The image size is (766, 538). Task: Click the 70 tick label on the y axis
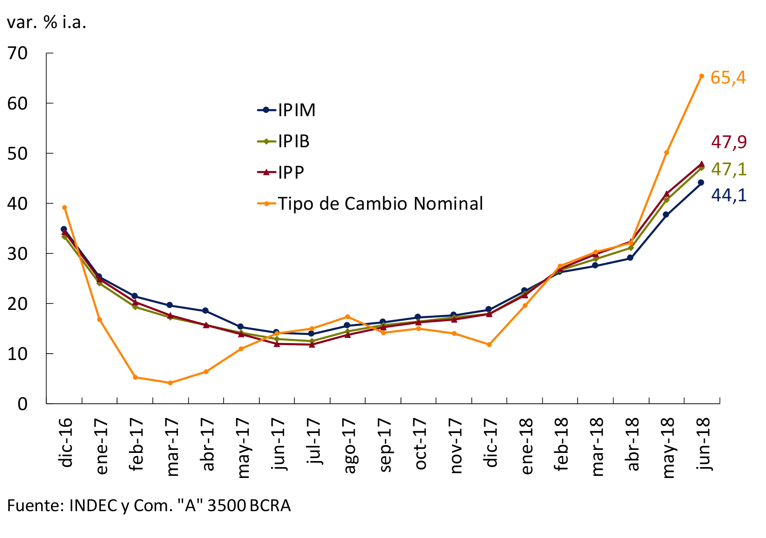tap(17, 53)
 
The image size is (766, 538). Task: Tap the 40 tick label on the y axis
tap(17, 204)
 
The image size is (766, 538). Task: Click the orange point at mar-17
tap(170, 383)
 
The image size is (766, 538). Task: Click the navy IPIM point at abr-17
tap(205, 311)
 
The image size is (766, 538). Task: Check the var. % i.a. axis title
tap(46, 23)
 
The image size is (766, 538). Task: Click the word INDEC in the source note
tap(93, 506)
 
